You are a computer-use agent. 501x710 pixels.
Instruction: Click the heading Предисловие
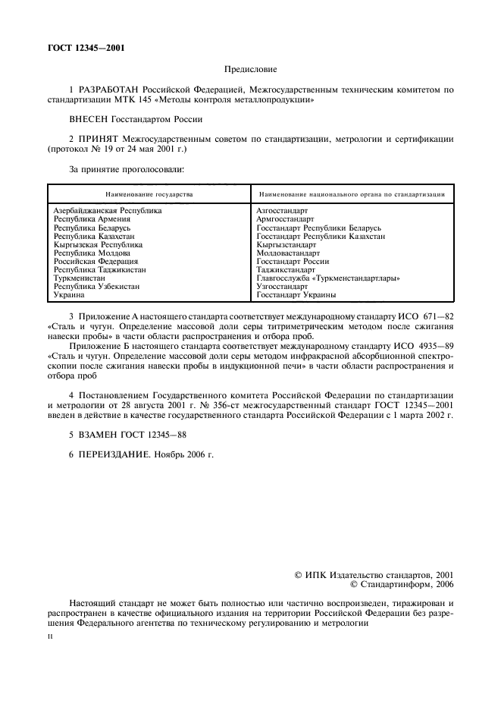(x=249, y=69)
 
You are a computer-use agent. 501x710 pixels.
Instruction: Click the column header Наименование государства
(x=149, y=194)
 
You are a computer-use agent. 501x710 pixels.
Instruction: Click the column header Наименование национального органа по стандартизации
(x=351, y=194)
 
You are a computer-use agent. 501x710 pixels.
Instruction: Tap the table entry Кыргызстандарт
(x=286, y=245)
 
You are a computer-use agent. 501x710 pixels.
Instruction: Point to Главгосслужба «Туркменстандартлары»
(x=328, y=278)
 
